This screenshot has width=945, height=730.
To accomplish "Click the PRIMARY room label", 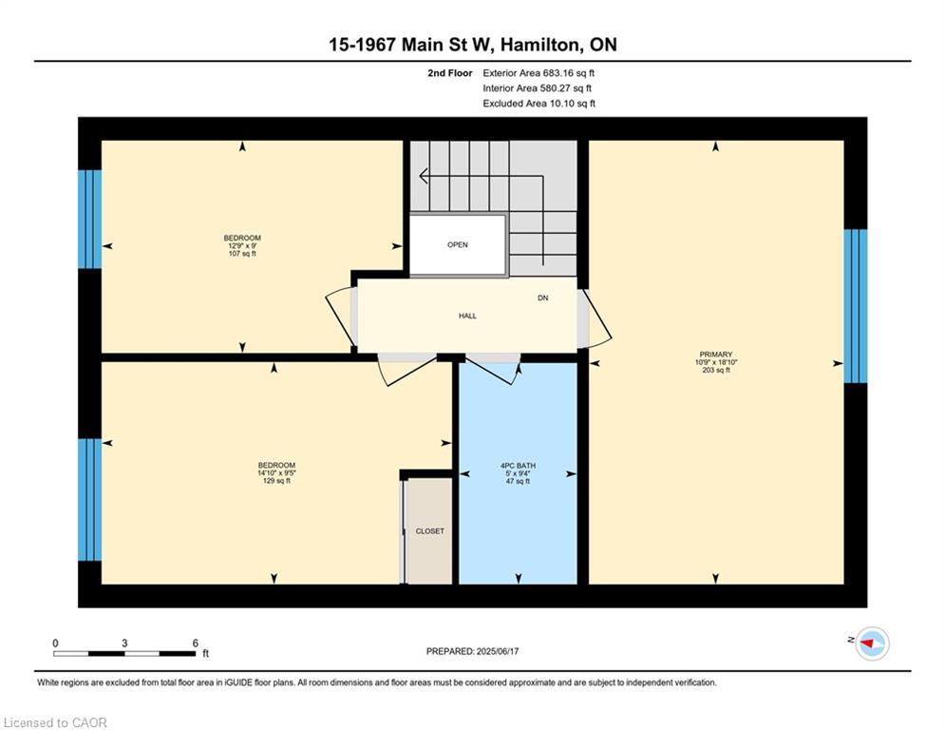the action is click(x=716, y=355).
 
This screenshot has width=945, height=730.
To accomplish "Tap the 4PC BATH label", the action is click(x=518, y=466).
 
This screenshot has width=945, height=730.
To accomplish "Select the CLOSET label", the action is click(x=429, y=531).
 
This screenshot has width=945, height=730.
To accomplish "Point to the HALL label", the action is click(x=467, y=316).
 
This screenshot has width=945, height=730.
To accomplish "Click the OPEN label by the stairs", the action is click(x=458, y=244).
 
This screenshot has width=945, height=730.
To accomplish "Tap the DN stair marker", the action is click(x=543, y=298).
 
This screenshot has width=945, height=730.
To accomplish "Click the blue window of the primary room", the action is click(x=855, y=306).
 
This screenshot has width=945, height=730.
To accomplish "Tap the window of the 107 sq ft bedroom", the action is click(x=90, y=219).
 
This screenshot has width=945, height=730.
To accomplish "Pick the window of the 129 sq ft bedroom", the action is click(x=90, y=500).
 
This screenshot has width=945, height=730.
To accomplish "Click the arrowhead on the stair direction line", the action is click(x=424, y=176).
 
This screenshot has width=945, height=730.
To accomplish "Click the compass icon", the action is click(x=872, y=644).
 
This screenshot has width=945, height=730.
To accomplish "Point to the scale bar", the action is click(x=124, y=653).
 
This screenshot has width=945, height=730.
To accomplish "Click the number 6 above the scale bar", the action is click(x=196, y=644).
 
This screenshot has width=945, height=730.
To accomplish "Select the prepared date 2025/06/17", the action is click(x=498, y=651).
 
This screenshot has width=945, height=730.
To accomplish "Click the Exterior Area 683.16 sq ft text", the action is click(x=539, y=73).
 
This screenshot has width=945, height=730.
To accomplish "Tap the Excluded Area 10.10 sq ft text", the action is click(x=539, y=104).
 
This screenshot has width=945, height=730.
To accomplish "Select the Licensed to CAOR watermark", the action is click(x=55, y=722).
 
